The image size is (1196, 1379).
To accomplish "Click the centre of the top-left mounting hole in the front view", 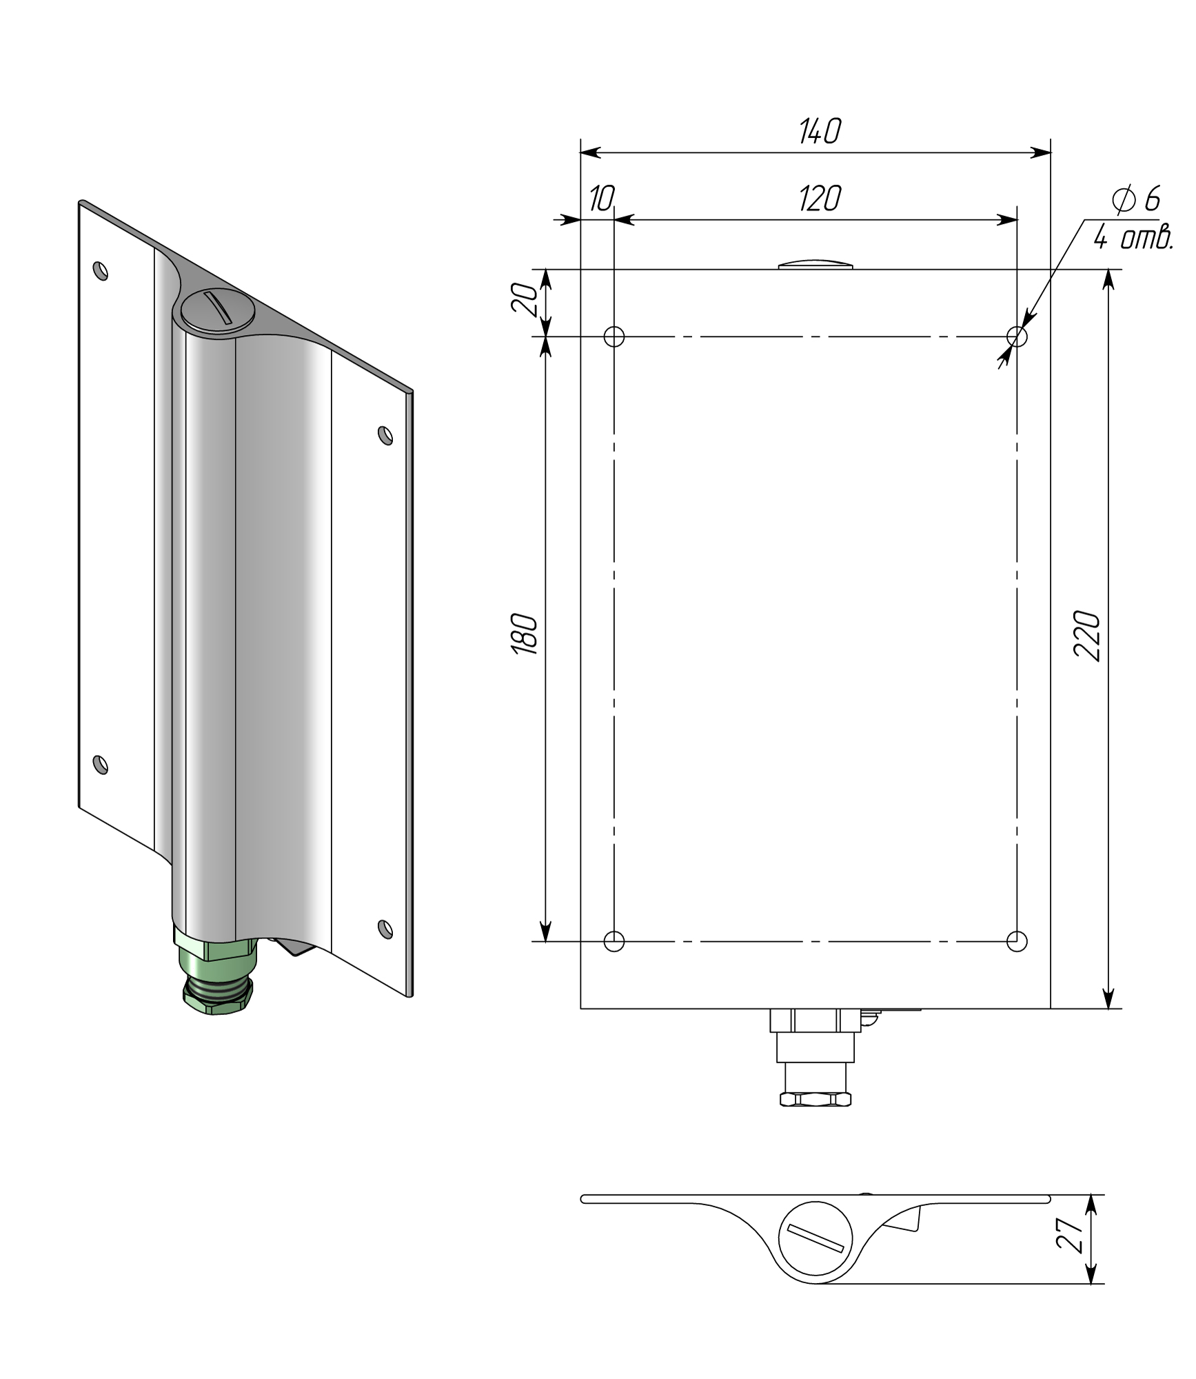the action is pos(614,336).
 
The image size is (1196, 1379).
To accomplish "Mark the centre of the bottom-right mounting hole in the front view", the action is pos(1017,940).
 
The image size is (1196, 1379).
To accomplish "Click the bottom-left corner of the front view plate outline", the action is pos(580,1009).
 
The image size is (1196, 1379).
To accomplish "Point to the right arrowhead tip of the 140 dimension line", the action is pos(1050,152).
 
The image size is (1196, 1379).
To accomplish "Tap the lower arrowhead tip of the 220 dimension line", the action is pos(1108,1008).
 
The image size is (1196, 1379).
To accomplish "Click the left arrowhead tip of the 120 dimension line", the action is pos(614,220).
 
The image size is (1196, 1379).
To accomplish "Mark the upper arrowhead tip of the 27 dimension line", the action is pos(1091,1195).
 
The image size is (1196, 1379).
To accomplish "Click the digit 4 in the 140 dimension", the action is pos(818,131).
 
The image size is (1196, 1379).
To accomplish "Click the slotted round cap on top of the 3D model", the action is pos(217,312).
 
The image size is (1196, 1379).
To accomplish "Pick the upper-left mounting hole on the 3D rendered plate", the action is pos(101,270).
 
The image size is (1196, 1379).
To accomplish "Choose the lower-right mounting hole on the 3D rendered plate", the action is pos(385,929).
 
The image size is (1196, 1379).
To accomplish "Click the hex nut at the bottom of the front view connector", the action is pos(815,1099).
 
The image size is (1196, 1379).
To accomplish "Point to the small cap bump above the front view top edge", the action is pos(815,264).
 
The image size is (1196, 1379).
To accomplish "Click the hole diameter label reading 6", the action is pos(1152,199).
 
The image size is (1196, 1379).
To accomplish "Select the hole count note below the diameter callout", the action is pos(1133,239).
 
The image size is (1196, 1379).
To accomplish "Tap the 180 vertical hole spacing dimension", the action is pos(525,633).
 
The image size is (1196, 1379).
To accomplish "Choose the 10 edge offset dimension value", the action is pos(601,199).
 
